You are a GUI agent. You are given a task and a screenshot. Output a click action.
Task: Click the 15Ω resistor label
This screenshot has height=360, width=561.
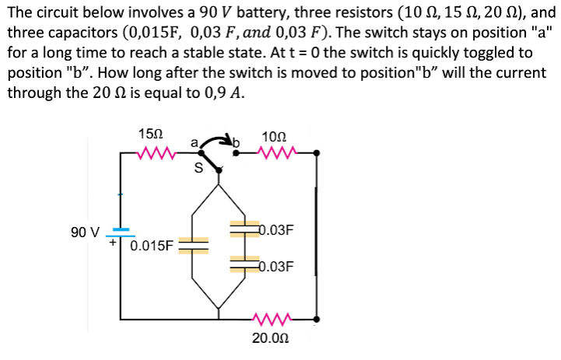click(x=149, y=133)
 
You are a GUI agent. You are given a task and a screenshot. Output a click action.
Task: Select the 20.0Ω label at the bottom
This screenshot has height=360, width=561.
click(x=270, y=338)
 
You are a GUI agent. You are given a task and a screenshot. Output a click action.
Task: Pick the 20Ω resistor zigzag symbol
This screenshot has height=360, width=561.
click(x=273, y=319)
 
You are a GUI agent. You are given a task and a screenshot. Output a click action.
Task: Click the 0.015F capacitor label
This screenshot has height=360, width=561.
click(x=153, y=246)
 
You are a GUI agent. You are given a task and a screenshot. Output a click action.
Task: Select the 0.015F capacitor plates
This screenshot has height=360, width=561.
click(x=194, y=245)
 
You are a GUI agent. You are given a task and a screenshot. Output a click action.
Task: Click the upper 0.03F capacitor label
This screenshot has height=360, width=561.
click(x=275, y=231)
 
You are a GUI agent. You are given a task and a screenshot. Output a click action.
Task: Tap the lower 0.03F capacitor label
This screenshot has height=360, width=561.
click(x=275, y=266)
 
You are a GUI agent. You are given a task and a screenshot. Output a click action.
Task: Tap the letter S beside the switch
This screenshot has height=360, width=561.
click(x=198, y=166)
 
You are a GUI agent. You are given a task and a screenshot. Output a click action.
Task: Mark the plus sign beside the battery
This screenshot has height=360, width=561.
click(x=112, y=243)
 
